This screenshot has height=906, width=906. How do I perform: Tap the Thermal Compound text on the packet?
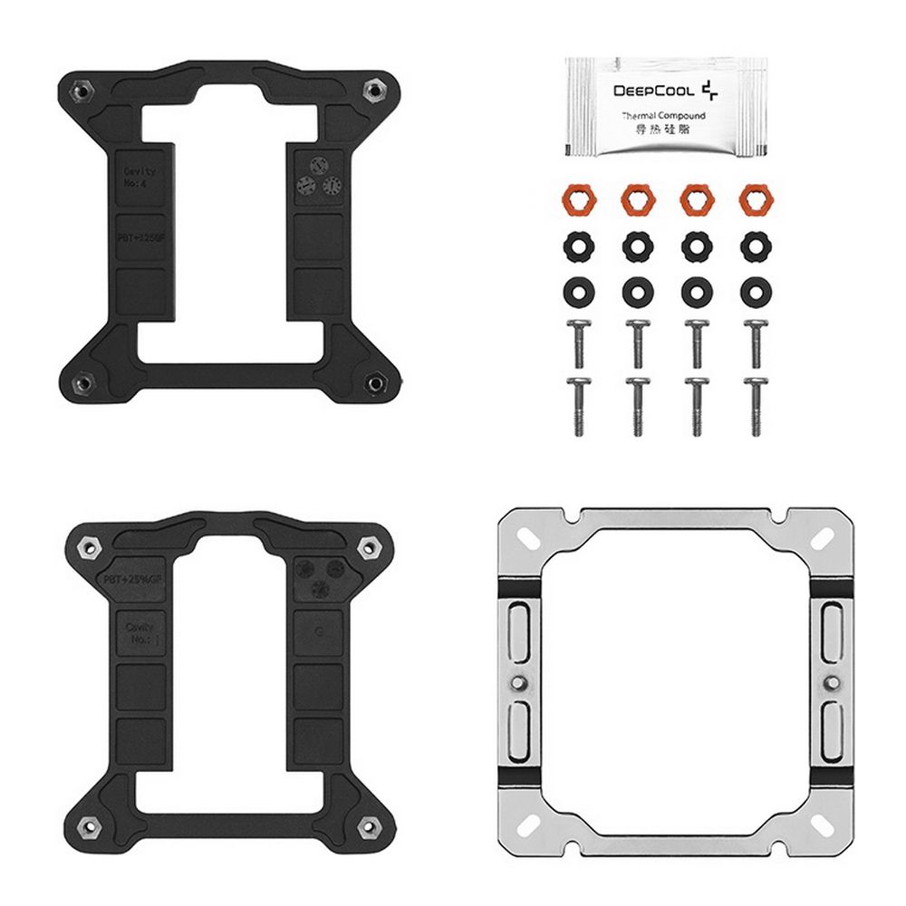tap(664, 116)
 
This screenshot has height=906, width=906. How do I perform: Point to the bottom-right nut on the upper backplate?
tap(373, 384)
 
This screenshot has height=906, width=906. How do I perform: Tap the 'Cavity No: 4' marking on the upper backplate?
tap(140, 177)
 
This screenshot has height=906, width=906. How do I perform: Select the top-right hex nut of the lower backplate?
tap(369, 546)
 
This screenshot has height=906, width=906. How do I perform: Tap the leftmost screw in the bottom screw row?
tap(577, 407)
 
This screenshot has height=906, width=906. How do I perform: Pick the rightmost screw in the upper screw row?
tap(753, 342)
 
